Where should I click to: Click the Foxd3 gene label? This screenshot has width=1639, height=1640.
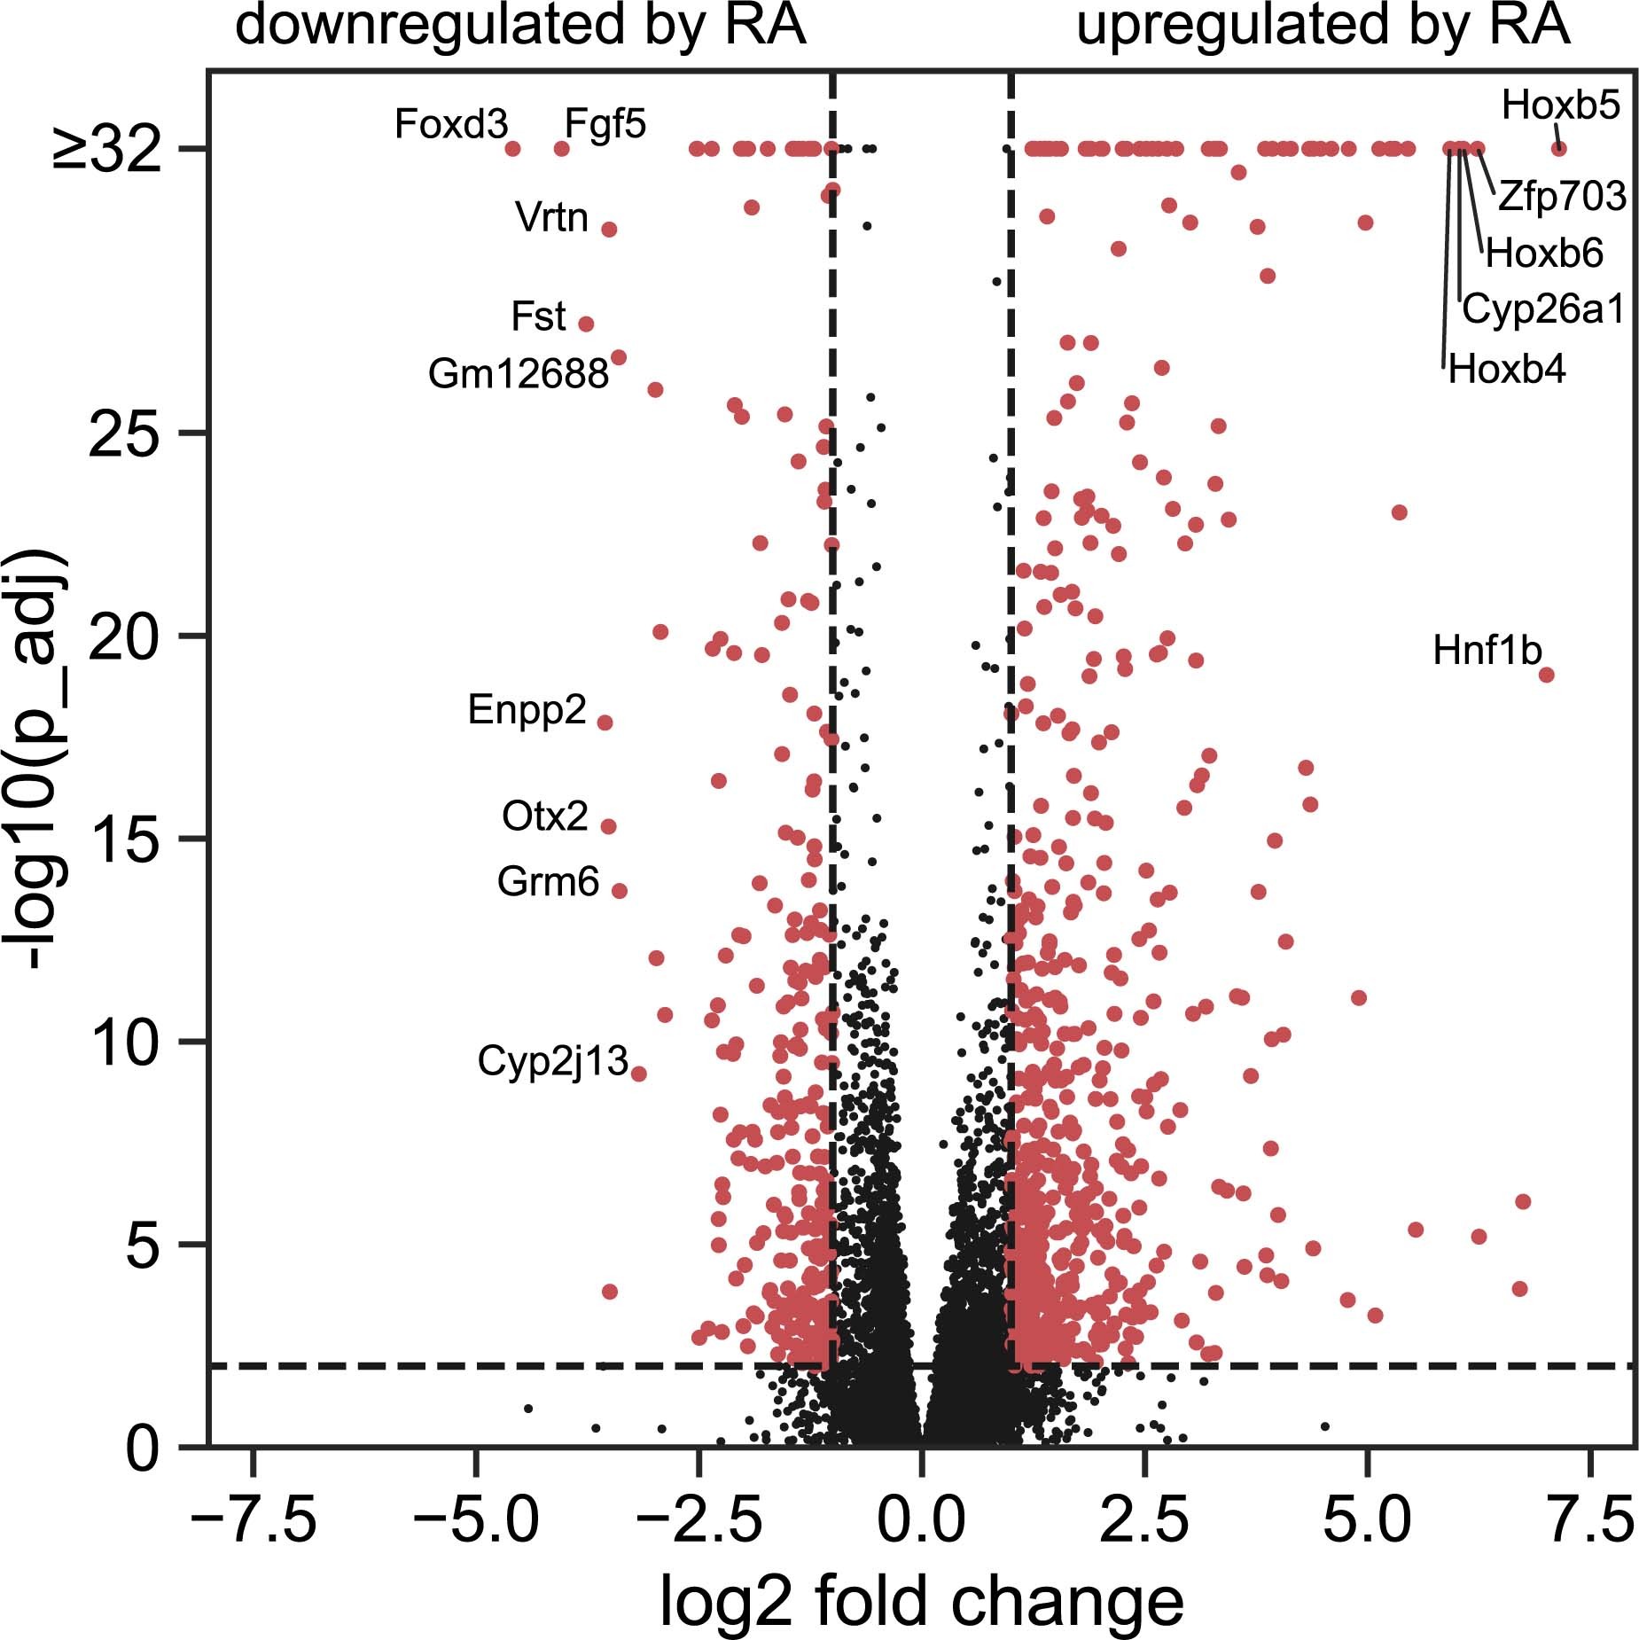[x=450, y=125]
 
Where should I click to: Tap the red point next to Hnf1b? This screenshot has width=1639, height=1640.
[x=1546, y=675]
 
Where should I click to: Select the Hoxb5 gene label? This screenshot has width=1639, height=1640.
[x=1560, y=106]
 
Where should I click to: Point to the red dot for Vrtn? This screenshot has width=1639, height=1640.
[x=609, y=229]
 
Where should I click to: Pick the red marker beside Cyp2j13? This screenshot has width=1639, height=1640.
[x=638, y=1074]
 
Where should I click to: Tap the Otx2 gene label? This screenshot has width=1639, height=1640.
[x=544, y=816]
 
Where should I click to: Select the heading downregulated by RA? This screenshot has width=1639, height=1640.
[x=520, y=27]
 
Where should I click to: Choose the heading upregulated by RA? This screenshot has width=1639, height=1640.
[x=1322, y=27]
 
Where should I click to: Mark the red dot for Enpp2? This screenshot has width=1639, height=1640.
[x=605, y=722]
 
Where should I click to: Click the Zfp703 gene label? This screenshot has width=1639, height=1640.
[x=1562, y=197]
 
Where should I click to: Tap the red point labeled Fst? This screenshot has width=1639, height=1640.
[x=586, y=324]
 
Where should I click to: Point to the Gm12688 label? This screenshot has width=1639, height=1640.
[x=518, y=374]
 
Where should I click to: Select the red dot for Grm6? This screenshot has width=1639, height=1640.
[x=620, y=890]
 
